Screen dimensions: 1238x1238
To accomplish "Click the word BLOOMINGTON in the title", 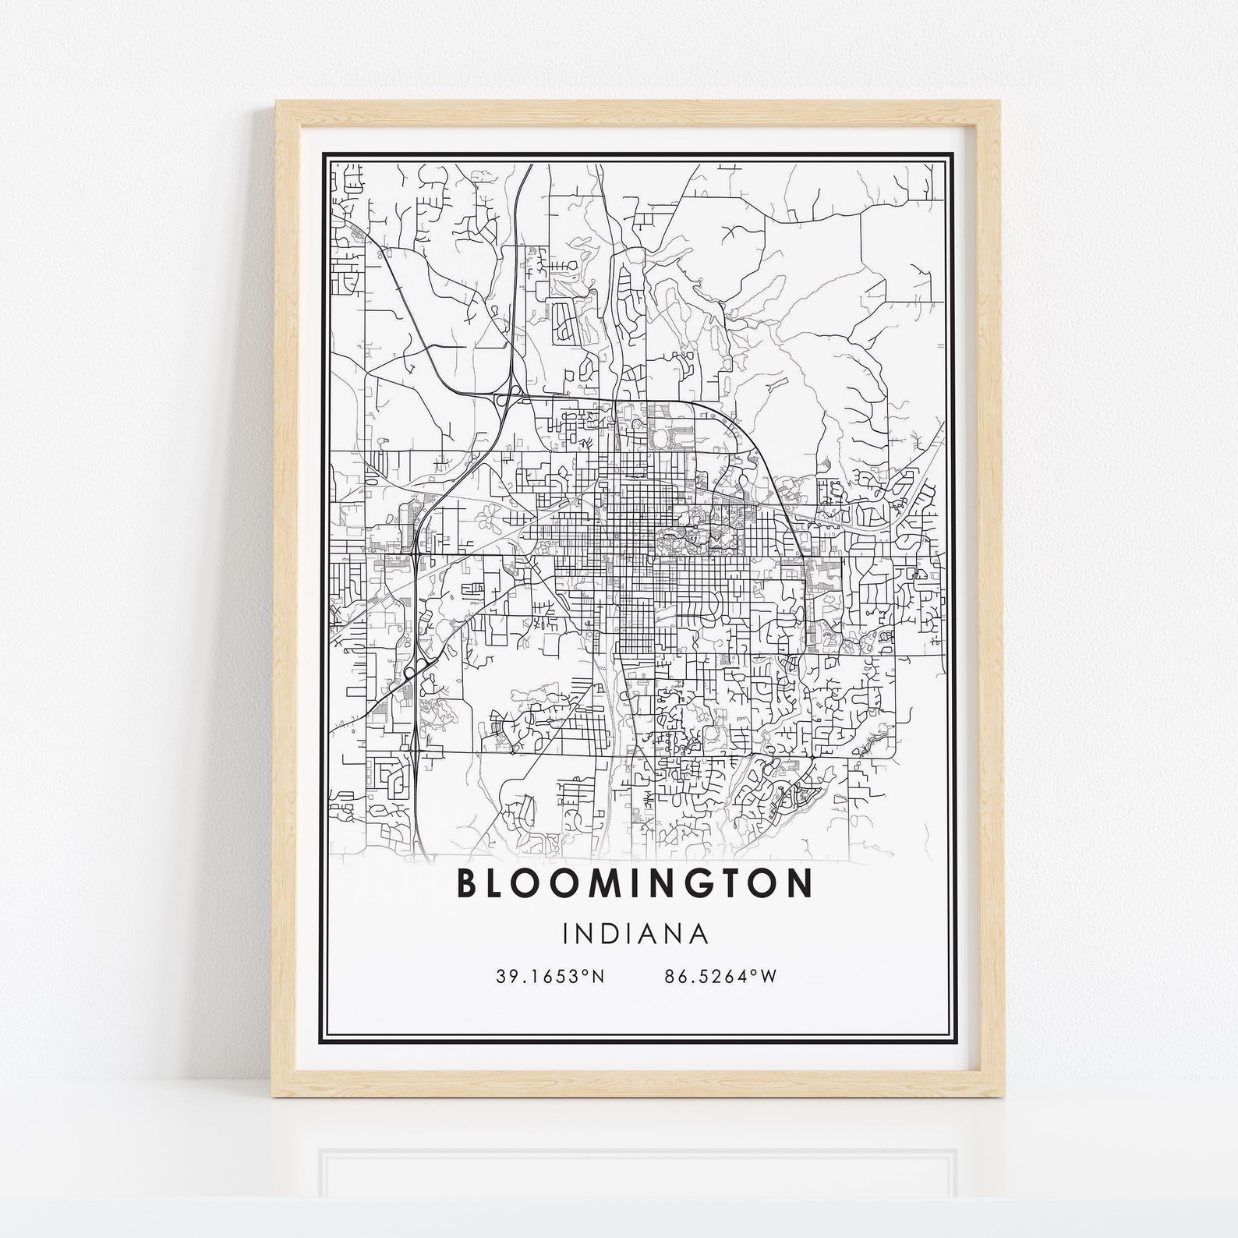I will click(x=633, y=884).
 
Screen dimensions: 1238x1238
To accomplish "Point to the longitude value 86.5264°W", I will click(x=721, y=976).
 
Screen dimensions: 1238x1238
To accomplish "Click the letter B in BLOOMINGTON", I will click(x=466, y=884).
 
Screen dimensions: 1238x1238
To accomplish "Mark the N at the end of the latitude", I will click(x=599, y=976).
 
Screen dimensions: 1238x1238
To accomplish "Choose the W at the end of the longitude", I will click(x=769, y=976).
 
